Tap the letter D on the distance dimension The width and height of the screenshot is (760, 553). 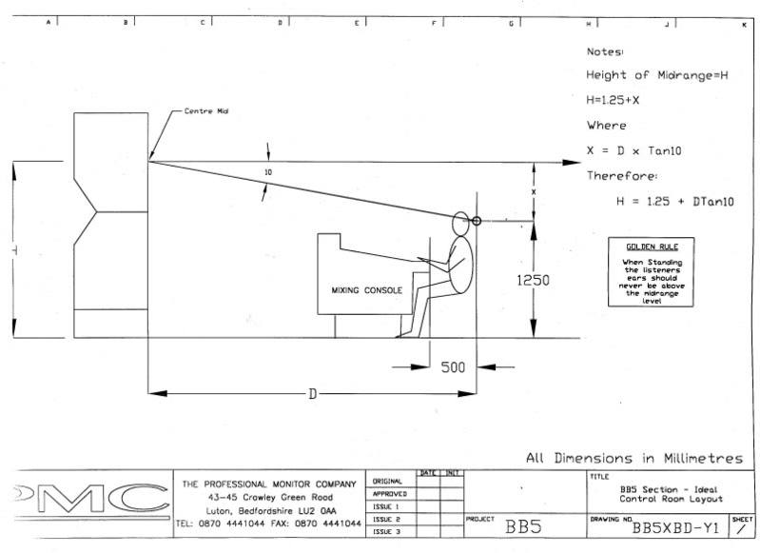(x=311, y=393)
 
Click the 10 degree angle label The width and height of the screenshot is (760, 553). (x=270, y=173)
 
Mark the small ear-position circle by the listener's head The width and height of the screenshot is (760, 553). (x=477, y=222)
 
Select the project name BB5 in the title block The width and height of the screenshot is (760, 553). (x=525, y=526)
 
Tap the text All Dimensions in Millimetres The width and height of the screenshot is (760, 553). (x=634, y=459)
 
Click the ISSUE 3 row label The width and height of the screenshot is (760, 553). (x=384, y=532)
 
